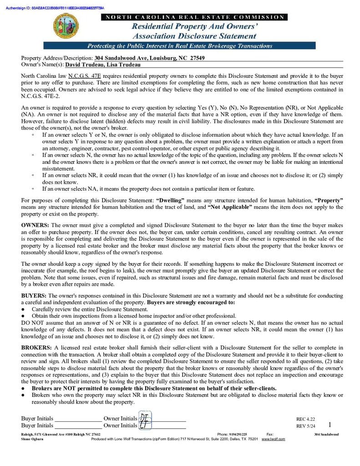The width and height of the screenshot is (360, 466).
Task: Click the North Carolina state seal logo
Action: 66,26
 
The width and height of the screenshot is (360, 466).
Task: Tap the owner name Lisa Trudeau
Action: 123,65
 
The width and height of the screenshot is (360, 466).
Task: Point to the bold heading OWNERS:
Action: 35,226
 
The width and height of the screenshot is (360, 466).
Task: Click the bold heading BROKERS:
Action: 37,348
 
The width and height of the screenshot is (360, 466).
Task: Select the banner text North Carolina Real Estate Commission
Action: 195,17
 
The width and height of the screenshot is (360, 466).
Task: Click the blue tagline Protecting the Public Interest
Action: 179,46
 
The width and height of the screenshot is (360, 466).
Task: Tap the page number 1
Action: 330,425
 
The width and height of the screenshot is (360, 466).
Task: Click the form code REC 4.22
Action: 305,419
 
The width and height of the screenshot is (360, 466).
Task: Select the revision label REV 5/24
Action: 305,426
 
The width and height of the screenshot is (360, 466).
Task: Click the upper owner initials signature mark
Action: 144,417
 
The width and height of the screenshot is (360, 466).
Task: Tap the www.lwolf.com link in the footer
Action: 273,439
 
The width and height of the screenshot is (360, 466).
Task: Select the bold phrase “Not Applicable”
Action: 229,208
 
